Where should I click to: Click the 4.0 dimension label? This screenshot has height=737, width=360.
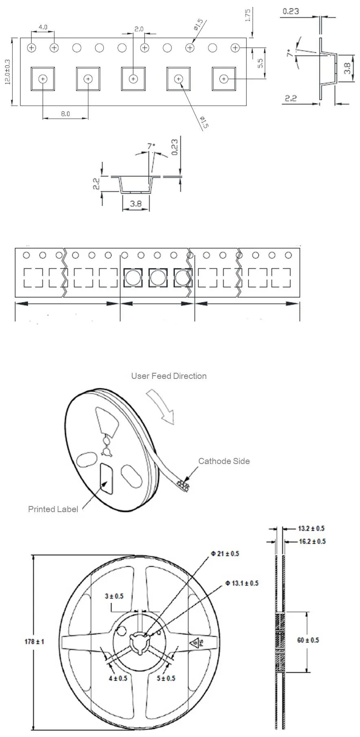click(x=43, y=27)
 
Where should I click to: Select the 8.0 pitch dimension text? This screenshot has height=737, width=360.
click(x=66, y=114)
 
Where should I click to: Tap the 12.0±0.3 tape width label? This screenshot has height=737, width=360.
click(x=7, y=72)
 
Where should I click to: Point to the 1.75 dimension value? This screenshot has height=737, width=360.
click(x=248, y=15)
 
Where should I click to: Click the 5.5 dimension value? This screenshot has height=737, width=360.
click(x=261, y=63)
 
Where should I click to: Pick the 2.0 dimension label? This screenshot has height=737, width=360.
click(x=139, y=29)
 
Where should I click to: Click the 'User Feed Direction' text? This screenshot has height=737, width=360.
click(x=169, y=376)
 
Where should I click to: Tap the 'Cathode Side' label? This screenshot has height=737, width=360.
click(x=224, y=461)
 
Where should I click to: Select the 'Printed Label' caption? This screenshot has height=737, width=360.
click(x=53, y=509)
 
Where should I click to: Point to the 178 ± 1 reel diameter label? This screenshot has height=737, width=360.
click(x=34, y=642)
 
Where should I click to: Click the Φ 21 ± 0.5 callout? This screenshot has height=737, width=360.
click(x=225, y=554)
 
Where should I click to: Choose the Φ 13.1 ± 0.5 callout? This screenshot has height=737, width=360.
click(x=242, y=583)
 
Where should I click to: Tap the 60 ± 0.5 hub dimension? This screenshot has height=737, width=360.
click(x=308, y=640)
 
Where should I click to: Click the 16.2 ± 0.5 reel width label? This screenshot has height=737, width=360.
click(x=312, y=541)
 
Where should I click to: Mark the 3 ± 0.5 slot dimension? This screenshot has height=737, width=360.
click(x=114, y=596)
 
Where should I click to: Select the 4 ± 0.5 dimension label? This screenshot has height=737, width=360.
click(x=118, y=678)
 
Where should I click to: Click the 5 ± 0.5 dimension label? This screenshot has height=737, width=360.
click(x=166, y=678)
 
